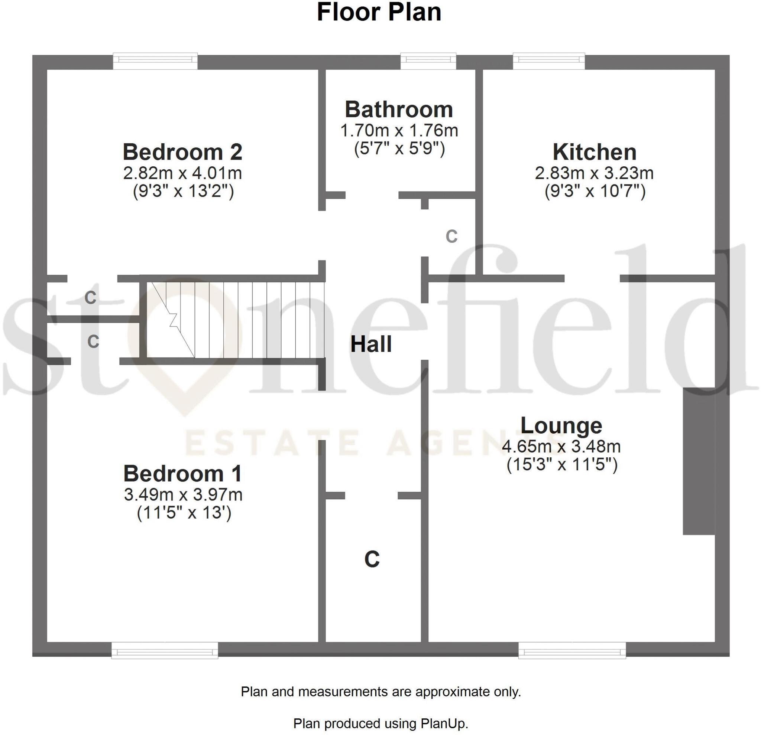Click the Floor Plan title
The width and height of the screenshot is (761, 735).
pos(379,12)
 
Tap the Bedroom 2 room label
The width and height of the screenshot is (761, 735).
pos(182,152)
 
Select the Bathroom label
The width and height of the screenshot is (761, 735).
pos(399,110)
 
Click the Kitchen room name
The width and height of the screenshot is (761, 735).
pos(595,152)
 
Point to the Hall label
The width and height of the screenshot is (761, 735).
pos(371,344)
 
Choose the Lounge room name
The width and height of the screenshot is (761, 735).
pos(561,425)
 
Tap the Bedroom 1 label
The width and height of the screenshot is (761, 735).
pos(182,474)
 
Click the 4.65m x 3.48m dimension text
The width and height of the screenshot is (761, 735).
pos(561,447)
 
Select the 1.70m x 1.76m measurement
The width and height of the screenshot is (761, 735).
pos(399,131)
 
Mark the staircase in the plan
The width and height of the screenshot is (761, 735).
pos(235,320)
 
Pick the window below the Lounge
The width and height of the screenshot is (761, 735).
pos(572,651)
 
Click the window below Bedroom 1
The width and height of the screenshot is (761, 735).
pos(165,651)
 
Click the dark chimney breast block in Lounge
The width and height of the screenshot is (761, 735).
pos(699,461)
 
